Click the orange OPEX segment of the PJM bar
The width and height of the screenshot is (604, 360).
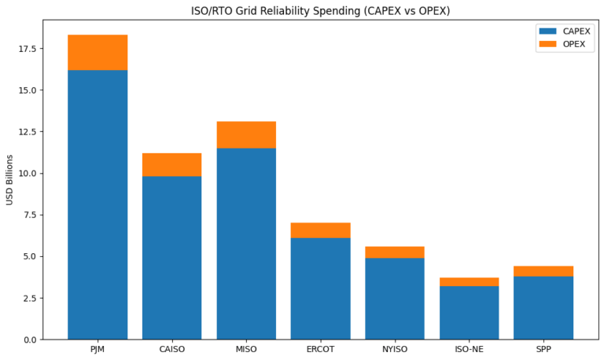(x=98, y=53)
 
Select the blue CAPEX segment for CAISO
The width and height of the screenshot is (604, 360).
(x=171, y=257)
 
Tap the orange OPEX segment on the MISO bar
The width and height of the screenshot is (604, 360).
(x=246, y=134)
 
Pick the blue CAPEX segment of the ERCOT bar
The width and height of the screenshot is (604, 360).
(x=320, y=288)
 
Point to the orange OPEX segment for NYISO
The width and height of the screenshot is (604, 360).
(x=395, y=252)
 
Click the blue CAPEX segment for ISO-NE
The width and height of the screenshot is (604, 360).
(x=469, y=312)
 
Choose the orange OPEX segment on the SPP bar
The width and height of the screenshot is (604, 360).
(x=543, y=271)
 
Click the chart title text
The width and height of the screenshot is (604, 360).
(x=320, y=11)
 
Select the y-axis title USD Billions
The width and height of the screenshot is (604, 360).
(x=10, y=180)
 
